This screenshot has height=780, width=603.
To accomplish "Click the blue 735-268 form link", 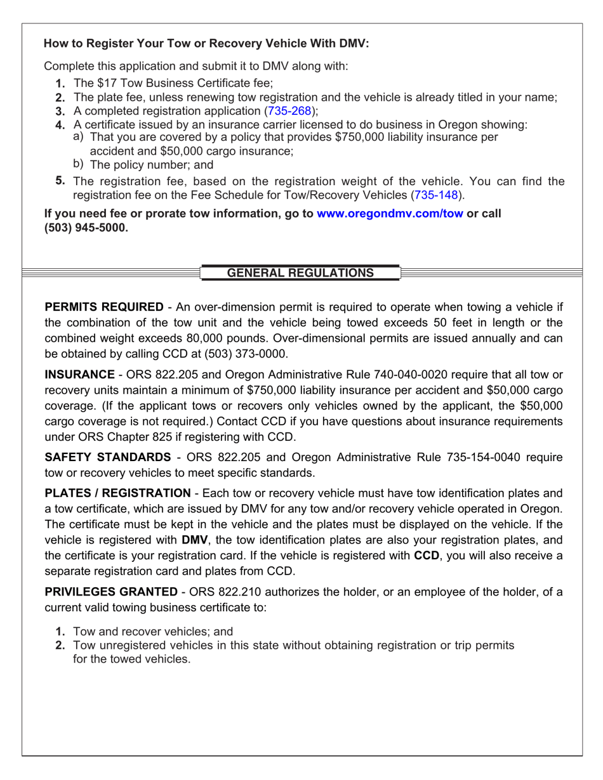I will coord(289,111).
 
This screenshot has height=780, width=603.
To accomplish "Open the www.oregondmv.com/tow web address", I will coord(390,214).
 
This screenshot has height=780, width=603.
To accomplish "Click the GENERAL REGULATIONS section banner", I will coord(300,273).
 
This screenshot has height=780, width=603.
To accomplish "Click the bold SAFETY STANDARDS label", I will coord(107,457).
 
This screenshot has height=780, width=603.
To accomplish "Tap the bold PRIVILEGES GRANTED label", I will coord(111,592).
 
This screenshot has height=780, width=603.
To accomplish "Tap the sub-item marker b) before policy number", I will coord(79,165).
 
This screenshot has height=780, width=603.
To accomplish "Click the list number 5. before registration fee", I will coord(61,181).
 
